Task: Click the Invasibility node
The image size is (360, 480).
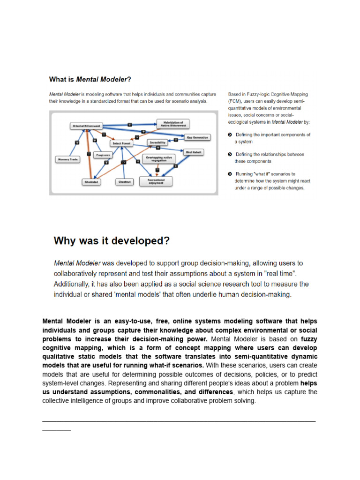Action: [157, 142]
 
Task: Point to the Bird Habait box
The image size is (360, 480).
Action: [195, 152]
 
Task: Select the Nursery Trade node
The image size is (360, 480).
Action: [67, 159]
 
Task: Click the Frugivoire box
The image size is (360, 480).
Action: [103, 155]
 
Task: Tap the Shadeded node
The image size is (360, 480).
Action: [91, 181]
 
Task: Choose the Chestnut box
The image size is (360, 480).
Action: [124, 181]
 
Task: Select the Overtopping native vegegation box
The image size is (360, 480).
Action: [159, 159]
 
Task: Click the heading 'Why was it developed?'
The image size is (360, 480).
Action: [112, 241]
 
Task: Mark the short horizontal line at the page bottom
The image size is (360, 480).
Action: [56, 430]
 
